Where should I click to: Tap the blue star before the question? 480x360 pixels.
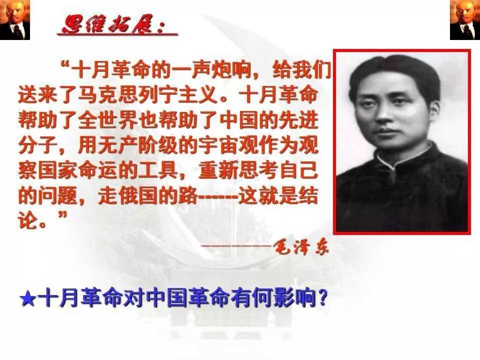pos(28,298)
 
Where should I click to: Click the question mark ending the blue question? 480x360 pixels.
pos(322,298)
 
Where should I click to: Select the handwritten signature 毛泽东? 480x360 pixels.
pos(300,246)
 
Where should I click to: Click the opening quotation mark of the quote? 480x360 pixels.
pos(64,65)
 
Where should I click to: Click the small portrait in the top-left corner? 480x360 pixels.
pos(15,20)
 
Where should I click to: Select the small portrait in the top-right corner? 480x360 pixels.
pos(464,20)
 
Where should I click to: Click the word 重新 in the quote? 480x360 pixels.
pos(217,170)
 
